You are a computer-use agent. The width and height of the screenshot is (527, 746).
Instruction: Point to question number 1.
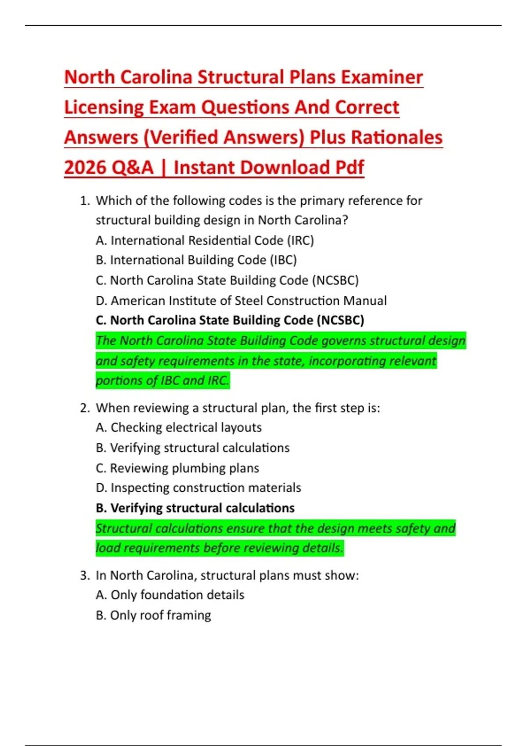click(85, 201)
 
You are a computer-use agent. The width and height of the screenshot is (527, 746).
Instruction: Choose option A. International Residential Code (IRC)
click(205, 240)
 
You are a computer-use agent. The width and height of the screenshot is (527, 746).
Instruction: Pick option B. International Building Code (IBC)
click(196, 260)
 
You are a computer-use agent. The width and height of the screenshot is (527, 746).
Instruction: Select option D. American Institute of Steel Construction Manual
click(241, 301)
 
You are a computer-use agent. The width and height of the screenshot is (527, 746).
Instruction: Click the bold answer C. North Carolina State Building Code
click(230, 320)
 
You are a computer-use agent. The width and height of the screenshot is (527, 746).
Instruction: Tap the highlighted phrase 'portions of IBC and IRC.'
click(162, 380)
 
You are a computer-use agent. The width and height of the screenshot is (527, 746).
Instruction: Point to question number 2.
click(85, 408)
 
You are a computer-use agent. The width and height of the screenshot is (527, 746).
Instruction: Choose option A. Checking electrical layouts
click(178, 427)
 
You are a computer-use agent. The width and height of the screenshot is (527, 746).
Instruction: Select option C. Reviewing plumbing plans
click(177, 468)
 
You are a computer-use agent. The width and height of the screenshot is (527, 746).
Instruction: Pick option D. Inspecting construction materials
click(198, 488)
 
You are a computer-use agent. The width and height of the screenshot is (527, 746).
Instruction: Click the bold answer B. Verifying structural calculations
click(195, 508)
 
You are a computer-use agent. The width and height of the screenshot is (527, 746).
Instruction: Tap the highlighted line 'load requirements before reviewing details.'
click(219, 548)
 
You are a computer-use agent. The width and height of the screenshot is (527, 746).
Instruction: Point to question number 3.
click(85, 575)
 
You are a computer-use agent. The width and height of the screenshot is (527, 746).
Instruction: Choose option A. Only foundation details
click(170, 595)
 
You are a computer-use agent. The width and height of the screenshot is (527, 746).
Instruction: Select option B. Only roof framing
click(153, 615)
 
